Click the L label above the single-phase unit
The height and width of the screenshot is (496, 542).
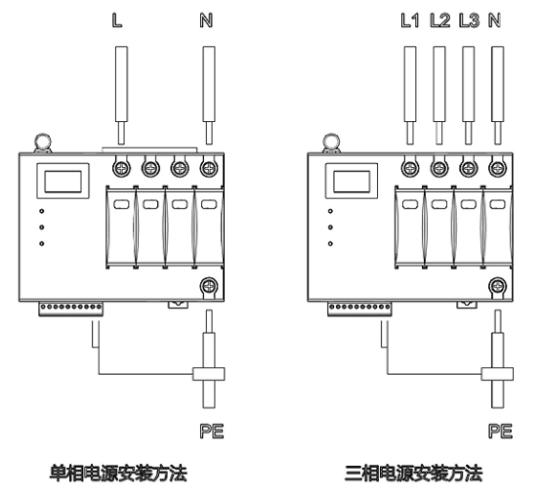tap(117, 21)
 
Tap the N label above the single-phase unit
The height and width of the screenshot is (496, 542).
tap(206, 21)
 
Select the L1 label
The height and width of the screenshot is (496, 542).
tap(410, 21)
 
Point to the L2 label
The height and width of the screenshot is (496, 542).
tap(440, 21)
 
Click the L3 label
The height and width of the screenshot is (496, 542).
tap(469, 21)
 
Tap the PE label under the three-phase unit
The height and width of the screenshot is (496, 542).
tap(501, 431)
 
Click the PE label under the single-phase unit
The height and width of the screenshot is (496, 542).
tap(212, 431)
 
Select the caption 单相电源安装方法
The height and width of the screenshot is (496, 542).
tap(118, 474)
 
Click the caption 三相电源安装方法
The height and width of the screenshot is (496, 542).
tap(413, 474)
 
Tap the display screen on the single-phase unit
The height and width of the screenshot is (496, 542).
tap(63, 181)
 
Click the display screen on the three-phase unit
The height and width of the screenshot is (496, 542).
tap(352, 181)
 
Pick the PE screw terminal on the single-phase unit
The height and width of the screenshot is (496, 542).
tap(209, 286)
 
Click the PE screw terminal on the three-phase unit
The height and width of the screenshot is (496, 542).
tap(498, 286)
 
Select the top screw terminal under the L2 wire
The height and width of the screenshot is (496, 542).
tap(439, 169)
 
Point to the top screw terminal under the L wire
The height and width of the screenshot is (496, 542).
tap(121, 169)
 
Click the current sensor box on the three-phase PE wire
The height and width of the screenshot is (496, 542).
tap(497, 374)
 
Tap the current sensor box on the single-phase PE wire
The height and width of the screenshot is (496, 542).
tap(208, 374)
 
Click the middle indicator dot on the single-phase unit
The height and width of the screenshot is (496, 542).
tap(41, 227)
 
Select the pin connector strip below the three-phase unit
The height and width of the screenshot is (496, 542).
tap(359, 309)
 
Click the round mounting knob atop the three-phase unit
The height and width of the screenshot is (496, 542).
tap(331, 142)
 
